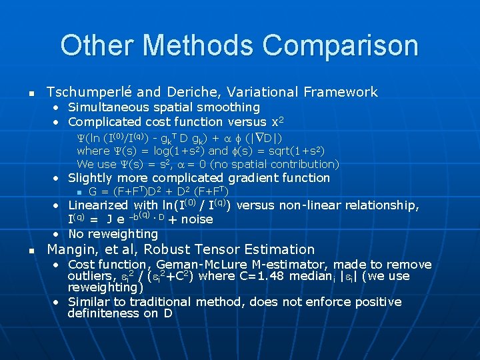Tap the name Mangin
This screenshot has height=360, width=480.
click(71, 250)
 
